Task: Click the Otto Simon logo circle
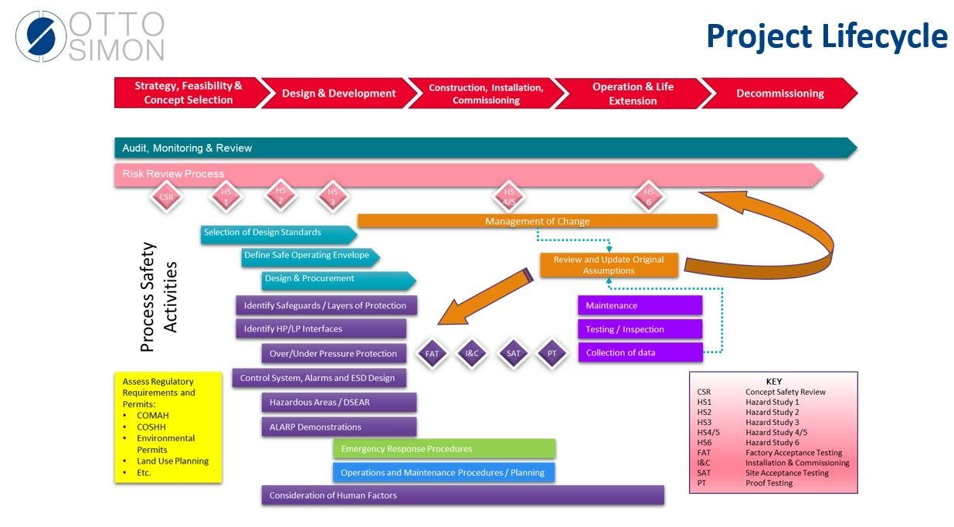(x=41, y=36)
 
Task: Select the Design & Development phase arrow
(x=338, y=93)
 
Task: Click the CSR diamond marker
(x=166, y=197)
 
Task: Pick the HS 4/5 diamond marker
(x=509, y=196)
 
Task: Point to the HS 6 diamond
(x=649, y=196)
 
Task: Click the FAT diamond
(x=432, y=354)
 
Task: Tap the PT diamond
(x=552, y=354)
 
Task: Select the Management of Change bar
(x=537, y=221)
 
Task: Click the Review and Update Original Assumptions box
(x=609, y=265)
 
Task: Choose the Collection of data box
(x=640, y=353)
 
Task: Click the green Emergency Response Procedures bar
(x=444, y=449)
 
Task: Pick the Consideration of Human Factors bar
(x=463, y=495)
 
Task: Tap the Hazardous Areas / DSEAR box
(x=339, y=403)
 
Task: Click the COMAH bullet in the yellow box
(x=152, y=416)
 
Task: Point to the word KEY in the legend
(x=773, y=381)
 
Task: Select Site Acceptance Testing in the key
(x=786, y=473)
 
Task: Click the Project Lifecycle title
(x=827, y=36)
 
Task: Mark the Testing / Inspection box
(x=640, y=329)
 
